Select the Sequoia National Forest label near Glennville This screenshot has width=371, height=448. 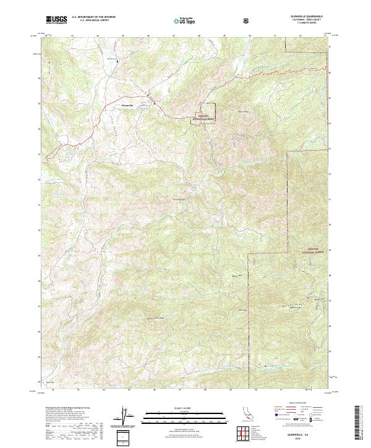(202, 116)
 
